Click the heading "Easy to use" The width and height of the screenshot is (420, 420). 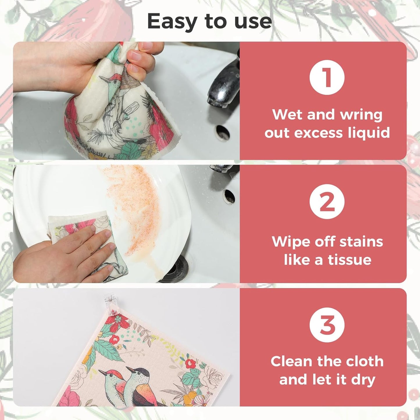tap(209, 22)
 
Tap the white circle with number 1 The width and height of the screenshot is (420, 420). tap(327, 78)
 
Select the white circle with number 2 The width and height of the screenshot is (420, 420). tap(327, 202)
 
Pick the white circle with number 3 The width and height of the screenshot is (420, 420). tap(327, 325)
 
